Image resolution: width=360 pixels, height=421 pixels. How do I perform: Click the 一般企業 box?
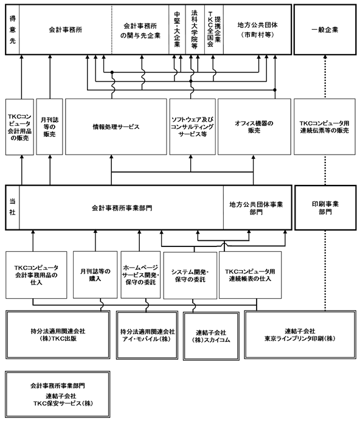325,30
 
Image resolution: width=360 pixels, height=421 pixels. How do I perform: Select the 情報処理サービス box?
116,127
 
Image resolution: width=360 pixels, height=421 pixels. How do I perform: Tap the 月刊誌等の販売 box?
49,127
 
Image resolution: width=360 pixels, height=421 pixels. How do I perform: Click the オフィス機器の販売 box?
254,127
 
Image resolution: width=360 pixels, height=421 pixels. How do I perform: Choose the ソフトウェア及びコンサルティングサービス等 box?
193,127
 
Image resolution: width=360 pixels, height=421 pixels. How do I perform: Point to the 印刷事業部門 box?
325,207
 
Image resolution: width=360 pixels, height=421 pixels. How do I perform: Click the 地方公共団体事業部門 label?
256,208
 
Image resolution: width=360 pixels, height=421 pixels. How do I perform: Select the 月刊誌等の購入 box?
95,274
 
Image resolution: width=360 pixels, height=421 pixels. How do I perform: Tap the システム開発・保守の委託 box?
190,276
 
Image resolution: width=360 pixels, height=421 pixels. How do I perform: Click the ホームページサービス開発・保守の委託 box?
140,274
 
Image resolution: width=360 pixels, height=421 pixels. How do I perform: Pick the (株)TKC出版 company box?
58,335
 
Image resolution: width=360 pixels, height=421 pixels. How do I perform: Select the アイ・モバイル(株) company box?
147,335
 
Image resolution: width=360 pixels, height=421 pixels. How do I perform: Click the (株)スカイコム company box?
211,336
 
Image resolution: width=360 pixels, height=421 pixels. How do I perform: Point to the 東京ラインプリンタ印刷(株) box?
300,335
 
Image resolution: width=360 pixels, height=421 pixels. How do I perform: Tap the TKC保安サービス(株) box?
58,394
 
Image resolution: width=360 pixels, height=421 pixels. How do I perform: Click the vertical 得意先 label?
13,30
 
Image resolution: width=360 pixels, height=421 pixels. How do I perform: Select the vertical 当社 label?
12,207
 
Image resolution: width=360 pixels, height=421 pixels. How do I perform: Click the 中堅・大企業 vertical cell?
177,30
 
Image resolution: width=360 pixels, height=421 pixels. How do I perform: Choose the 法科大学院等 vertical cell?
195,30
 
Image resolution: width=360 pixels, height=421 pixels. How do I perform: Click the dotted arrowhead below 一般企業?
325,57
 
